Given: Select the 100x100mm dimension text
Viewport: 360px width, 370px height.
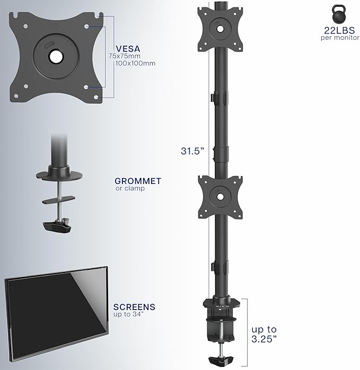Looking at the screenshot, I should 135,63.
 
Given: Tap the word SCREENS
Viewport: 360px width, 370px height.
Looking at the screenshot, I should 134,307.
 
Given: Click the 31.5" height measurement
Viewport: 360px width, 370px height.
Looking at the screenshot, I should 192,151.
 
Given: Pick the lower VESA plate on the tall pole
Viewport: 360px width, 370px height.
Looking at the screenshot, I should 219,195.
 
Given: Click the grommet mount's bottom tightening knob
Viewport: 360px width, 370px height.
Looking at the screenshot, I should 57,225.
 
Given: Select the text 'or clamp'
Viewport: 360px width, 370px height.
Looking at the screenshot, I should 130,188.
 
